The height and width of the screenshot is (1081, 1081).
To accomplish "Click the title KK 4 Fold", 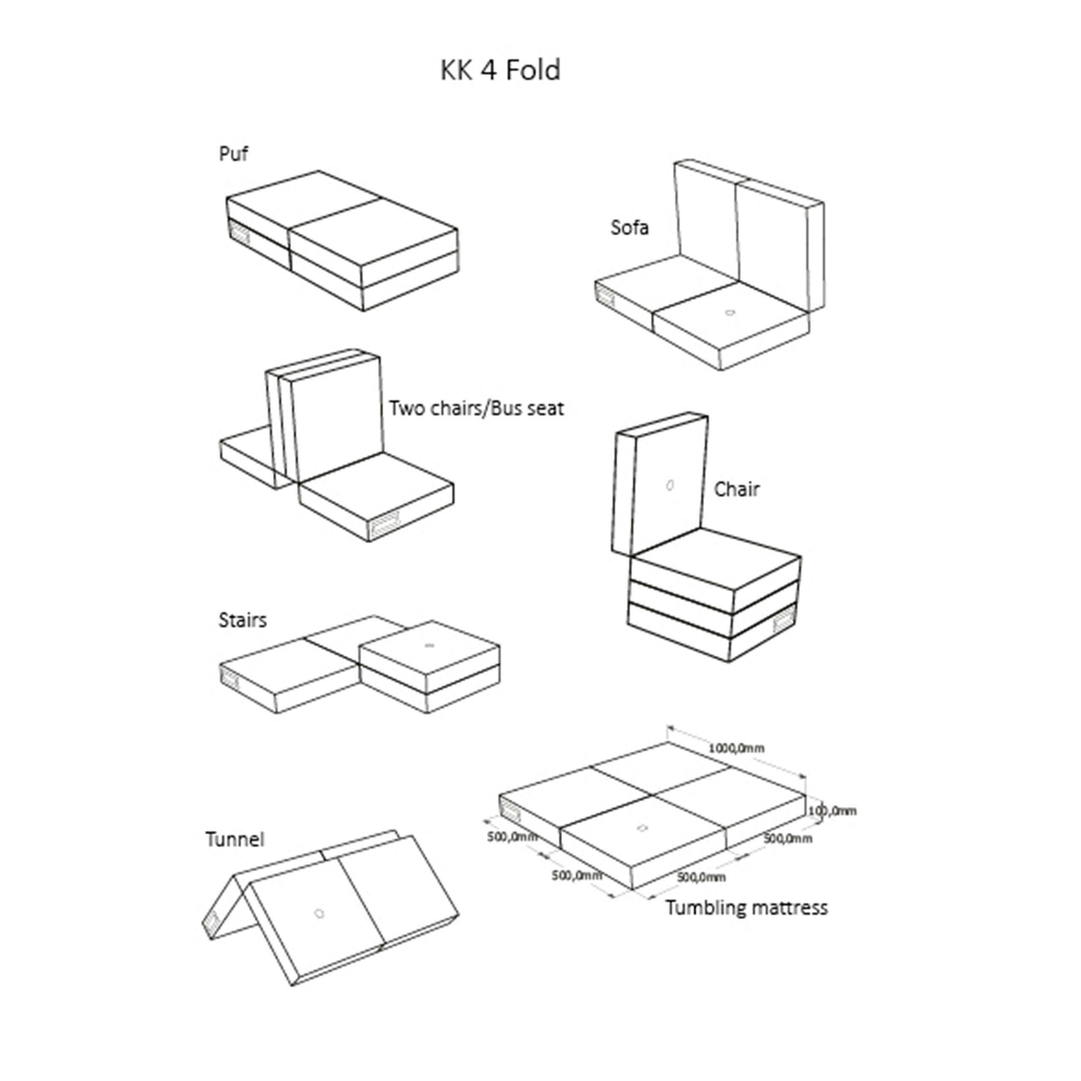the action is tap(500, 71).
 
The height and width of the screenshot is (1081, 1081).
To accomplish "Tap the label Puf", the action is tap(234, 153).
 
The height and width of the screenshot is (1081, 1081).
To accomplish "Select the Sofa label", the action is tap(630, 227).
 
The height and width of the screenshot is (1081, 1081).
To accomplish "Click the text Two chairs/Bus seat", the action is tap(476, 408).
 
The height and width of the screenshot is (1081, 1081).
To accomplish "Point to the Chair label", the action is tap(736, 489).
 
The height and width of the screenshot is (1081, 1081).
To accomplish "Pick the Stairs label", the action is tap(242, 620).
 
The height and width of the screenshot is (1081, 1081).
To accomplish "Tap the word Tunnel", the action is tap(234, 839).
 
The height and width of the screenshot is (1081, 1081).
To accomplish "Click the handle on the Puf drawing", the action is tap(239, 232).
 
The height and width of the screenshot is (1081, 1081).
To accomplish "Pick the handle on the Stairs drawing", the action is tap(229, 678).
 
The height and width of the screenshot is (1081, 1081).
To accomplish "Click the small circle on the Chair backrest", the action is tap(670, 486).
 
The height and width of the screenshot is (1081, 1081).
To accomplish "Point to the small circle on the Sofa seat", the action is tap(730, 312).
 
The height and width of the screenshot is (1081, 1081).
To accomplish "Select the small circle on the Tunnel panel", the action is tap(319, 914).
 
